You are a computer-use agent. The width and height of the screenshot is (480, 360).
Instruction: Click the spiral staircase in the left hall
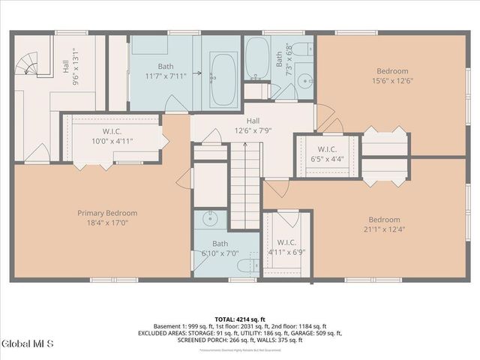point(30,64)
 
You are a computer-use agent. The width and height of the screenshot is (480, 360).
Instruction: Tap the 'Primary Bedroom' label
point(108,213)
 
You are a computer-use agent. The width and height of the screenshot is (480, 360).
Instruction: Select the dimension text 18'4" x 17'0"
point(108,223)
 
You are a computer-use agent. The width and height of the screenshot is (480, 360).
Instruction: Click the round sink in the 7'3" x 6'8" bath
point(303,81)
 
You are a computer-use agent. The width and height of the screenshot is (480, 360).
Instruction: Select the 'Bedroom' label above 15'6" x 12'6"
point(392,71)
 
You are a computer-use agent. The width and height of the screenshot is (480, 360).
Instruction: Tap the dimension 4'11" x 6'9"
point(286,252)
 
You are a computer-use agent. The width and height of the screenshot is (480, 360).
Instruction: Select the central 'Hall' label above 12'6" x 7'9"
point(253,121)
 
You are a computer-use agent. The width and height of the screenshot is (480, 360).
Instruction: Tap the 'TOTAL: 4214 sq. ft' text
point(240,319)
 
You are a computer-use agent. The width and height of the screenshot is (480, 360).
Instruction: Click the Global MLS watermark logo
point(28,344)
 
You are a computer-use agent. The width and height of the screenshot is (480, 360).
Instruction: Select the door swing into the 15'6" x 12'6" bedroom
point(324,116)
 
